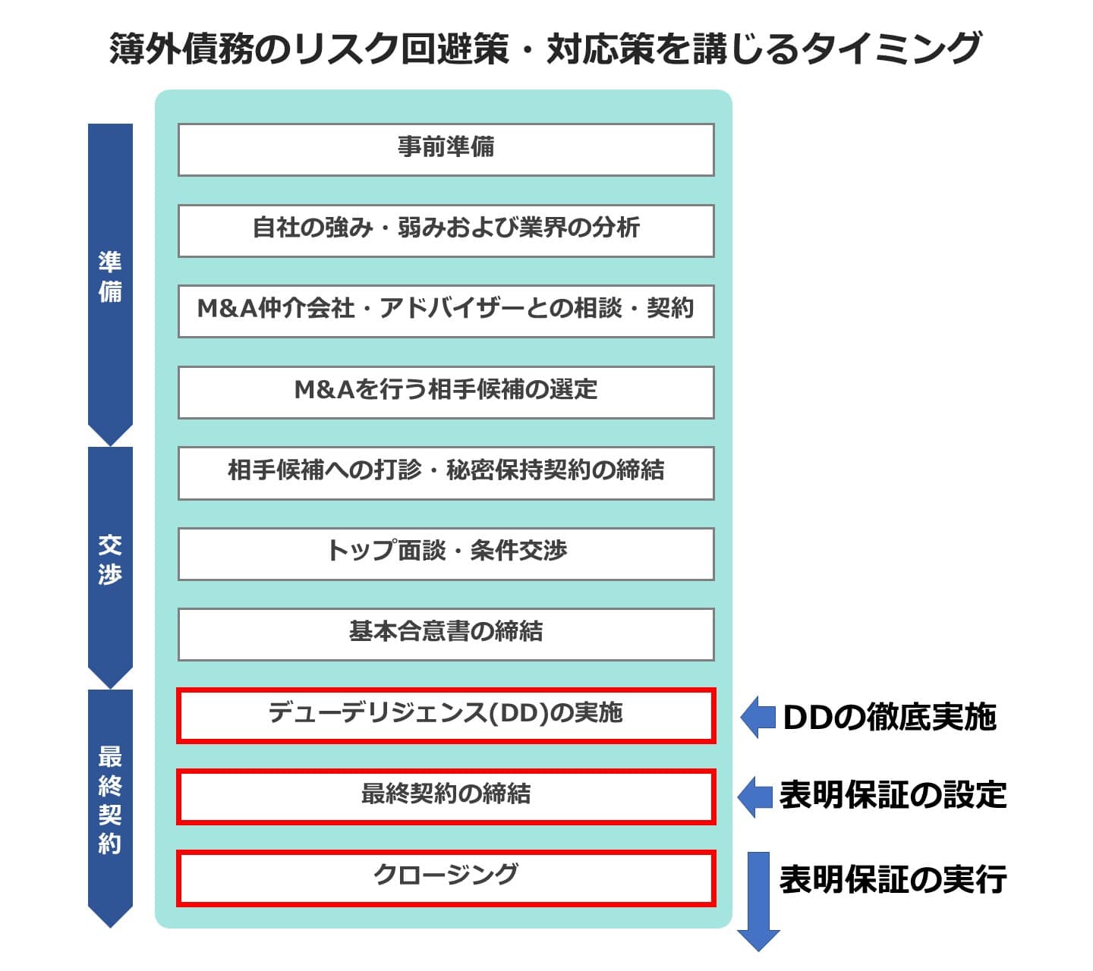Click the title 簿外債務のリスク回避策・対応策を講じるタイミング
click(545, 49)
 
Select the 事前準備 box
click(446, 149)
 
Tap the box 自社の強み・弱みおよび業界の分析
click(446, 230)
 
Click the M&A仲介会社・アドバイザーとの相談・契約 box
click(446, 310)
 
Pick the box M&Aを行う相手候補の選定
click(446, 391)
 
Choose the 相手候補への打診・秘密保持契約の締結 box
click(446, 473)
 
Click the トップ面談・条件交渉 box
click(446, 553)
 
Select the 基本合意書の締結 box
click(446, 633)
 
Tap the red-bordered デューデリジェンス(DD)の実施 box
click(446, 715)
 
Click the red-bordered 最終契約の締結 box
click(446, 796)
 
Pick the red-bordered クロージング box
click(446, 878)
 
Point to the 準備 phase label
click(110, 278)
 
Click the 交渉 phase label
click(110, 560)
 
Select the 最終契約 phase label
click(110, 800)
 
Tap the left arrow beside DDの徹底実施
click(758, 717)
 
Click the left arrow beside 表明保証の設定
click(756, 797)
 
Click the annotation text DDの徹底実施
click(889, 718)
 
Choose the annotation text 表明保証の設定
click(893, 796)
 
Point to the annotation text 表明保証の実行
click(893, 880)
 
